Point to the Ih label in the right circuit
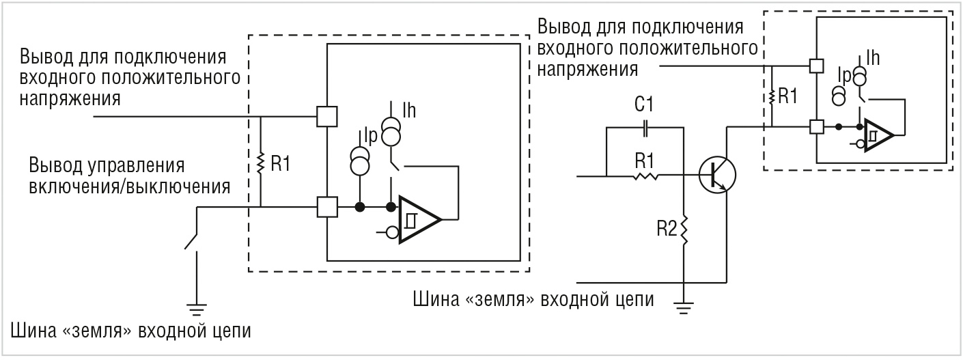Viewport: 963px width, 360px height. point(873,57)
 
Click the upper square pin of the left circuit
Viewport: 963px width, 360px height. point(328,117)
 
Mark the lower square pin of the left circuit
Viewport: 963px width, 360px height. point(328,206)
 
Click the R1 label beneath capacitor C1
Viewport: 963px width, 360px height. point(644,161)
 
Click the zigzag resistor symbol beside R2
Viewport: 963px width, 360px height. point(684,230)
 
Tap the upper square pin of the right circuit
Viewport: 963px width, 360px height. point(815,66)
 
